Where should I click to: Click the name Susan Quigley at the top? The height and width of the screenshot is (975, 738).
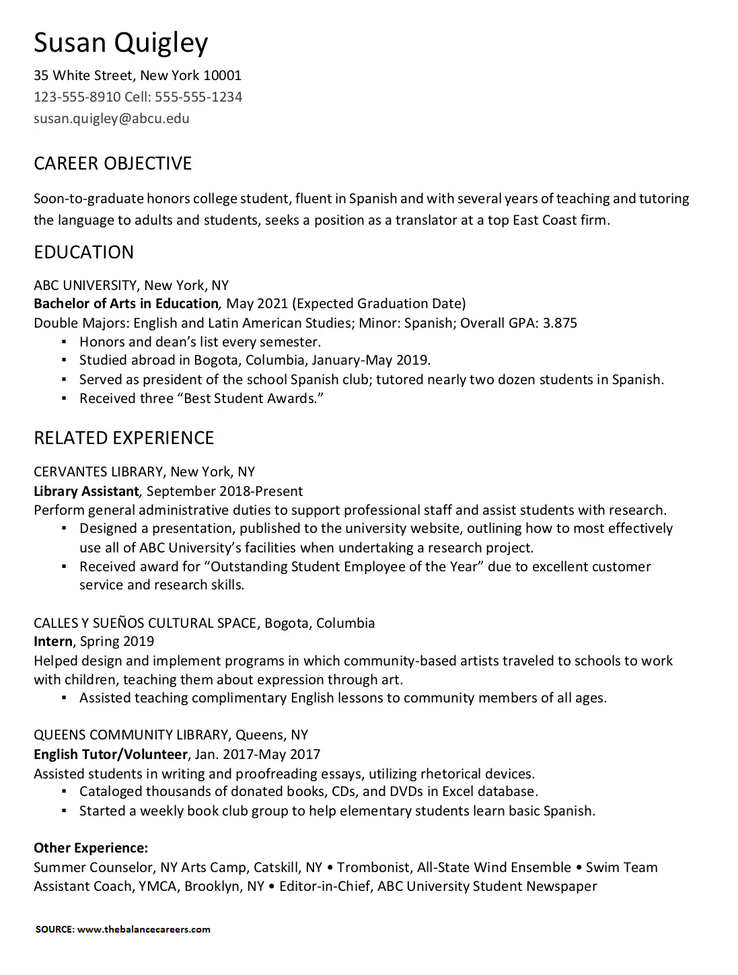pyautogui.click(x=121, y=43)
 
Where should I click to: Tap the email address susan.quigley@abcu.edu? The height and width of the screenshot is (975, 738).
pyautogui.click(x=112, y=118)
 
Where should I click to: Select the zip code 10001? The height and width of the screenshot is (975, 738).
pyautogui.click(x=222, y=75)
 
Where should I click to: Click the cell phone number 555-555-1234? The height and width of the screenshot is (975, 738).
pyautogui.click(x=198, y=97)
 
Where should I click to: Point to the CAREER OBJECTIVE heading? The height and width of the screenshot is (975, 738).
pyautogui.click(x=113, y=164)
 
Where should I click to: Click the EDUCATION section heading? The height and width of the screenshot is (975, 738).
pyautogui.click(x=84, y=252)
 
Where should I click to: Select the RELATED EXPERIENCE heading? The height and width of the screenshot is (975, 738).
pyautogui.click(x=124, y=438)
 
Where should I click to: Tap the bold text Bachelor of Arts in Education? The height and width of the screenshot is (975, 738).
pyautogui.click(x=126, y=303)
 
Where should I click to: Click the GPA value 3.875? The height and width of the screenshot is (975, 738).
pyautogui.click(x=560, y=323)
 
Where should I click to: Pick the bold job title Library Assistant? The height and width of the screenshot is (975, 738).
pyautogui.click(x=86, y=491)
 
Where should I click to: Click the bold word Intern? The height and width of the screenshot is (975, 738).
pyautogui.click(x=53, y=641)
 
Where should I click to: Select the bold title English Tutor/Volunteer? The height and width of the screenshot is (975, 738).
pyautogui.click(x=110, y=754)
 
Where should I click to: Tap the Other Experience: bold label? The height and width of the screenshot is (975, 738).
pyautogui.click(x=91, y=848)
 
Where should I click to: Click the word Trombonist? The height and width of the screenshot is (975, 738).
pyautogui.click(x=373, y=867)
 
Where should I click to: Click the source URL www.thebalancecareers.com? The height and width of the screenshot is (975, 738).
pyautogui.click(x=144, y=930)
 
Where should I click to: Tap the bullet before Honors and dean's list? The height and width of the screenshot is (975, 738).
pyautogui.click(x=65, y=342)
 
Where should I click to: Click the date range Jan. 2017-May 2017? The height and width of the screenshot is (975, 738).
pyautogui.click(x=258, y=754)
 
